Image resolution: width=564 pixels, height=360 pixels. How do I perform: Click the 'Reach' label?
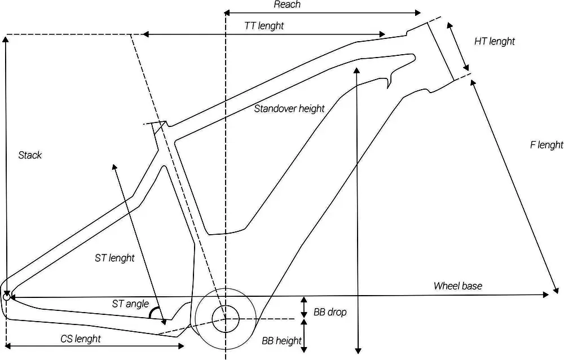tap(287, 5)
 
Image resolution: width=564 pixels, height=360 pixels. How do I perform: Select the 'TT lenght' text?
tap(263, 26)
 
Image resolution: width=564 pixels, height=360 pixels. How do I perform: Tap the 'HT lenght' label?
tap(494, 41)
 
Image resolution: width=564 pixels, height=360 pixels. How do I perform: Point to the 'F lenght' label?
tap(546, 145)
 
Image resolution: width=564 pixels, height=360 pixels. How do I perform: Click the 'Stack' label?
tap(30, 155)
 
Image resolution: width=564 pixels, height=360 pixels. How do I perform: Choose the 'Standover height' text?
tap(289, 108)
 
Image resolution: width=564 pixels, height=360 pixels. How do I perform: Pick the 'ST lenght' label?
tap(114, 258)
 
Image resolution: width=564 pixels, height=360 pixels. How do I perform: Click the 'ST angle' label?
tap(130, 304)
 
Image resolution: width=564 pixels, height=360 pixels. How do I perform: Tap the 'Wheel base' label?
tap(457, 286)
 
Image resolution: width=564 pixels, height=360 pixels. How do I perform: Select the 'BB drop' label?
tap(330, 312)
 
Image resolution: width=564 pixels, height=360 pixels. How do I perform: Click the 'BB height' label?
tap(281, 341)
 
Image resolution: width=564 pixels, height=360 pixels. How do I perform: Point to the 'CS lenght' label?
tap(81, 339)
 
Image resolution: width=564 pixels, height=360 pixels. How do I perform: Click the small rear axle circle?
tap(7, 295)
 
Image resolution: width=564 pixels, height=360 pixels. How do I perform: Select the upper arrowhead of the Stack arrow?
tap(6, 38)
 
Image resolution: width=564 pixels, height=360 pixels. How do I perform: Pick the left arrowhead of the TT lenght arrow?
tap(145, 35)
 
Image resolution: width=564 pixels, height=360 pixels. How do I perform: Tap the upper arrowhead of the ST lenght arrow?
tap(114, 166)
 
